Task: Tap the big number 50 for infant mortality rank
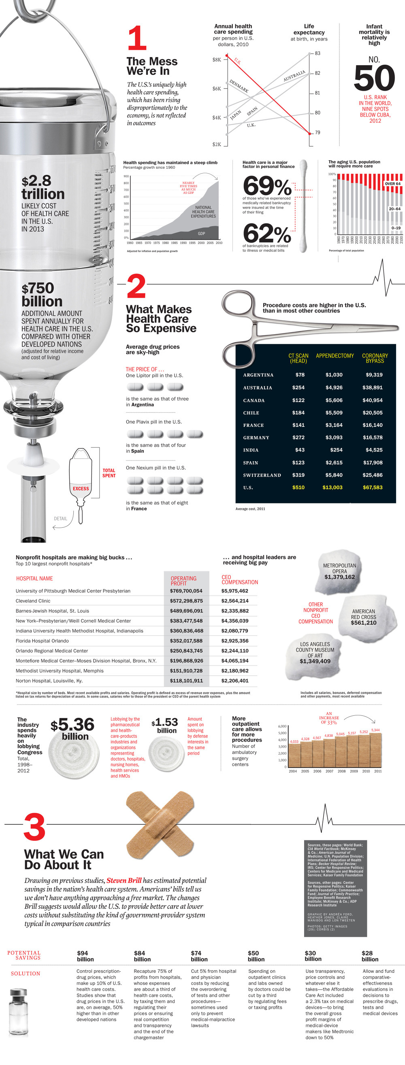(x=374, y=78)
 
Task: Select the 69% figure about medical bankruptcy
(x=267, y=186)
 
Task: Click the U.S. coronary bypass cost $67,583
(x=372, y=488)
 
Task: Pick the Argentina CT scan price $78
(x=300, y=375)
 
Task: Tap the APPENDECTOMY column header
(x=335, y=356)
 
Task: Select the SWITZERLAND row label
(x=262, y=475)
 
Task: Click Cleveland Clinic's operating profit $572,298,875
(x=186, y=601)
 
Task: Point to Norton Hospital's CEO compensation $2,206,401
(x=234, y=681)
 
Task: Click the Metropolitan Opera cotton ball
(x=339, y=571)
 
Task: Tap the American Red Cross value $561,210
(x=363, y=623)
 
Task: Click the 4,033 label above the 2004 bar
(x=294, y=741)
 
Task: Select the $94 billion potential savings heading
(x=85, y=956)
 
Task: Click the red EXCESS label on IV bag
(x=81, y=488)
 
